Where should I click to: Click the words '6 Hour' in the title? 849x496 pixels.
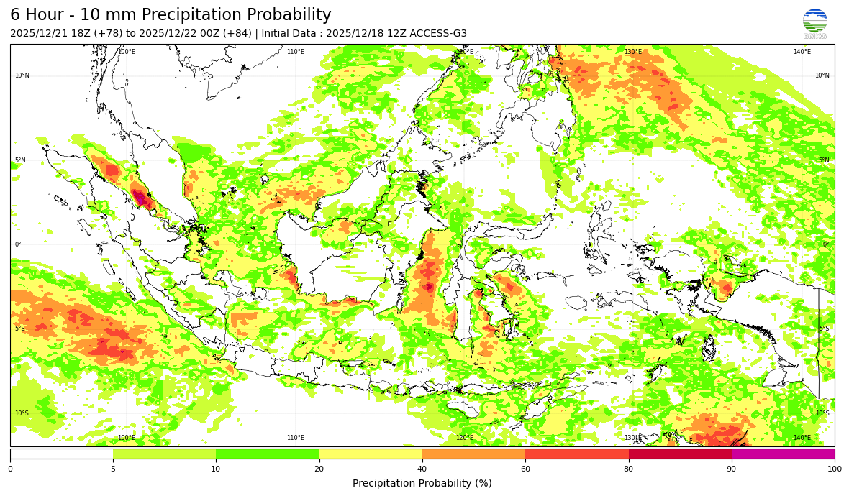[x=38, y=15]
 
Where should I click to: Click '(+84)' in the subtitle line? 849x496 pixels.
[x=236, y=34]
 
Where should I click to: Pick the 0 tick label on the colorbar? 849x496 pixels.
[x=10, y=469]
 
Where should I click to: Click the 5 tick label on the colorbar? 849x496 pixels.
[x=113, y=469]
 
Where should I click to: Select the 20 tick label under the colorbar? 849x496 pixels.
[x=319, y=469]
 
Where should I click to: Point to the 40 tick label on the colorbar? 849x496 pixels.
[x=422, y=469]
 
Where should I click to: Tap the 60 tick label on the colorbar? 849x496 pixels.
[x=525, y=469]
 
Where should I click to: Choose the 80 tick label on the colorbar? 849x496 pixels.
[x=628, y=469]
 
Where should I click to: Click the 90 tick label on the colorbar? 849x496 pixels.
[x=732, y=469]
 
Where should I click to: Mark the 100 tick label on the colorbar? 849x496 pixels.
[x=833, y=469]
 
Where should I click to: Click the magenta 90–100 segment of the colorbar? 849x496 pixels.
[x=783, y=454]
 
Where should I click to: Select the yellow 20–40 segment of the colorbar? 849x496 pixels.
[x=371, y=454]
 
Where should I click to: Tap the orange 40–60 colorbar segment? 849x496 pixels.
[x=473, y=454]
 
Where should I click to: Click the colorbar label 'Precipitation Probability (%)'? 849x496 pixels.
[x=422, y=483]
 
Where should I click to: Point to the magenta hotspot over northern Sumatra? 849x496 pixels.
[x=140, y=197]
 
